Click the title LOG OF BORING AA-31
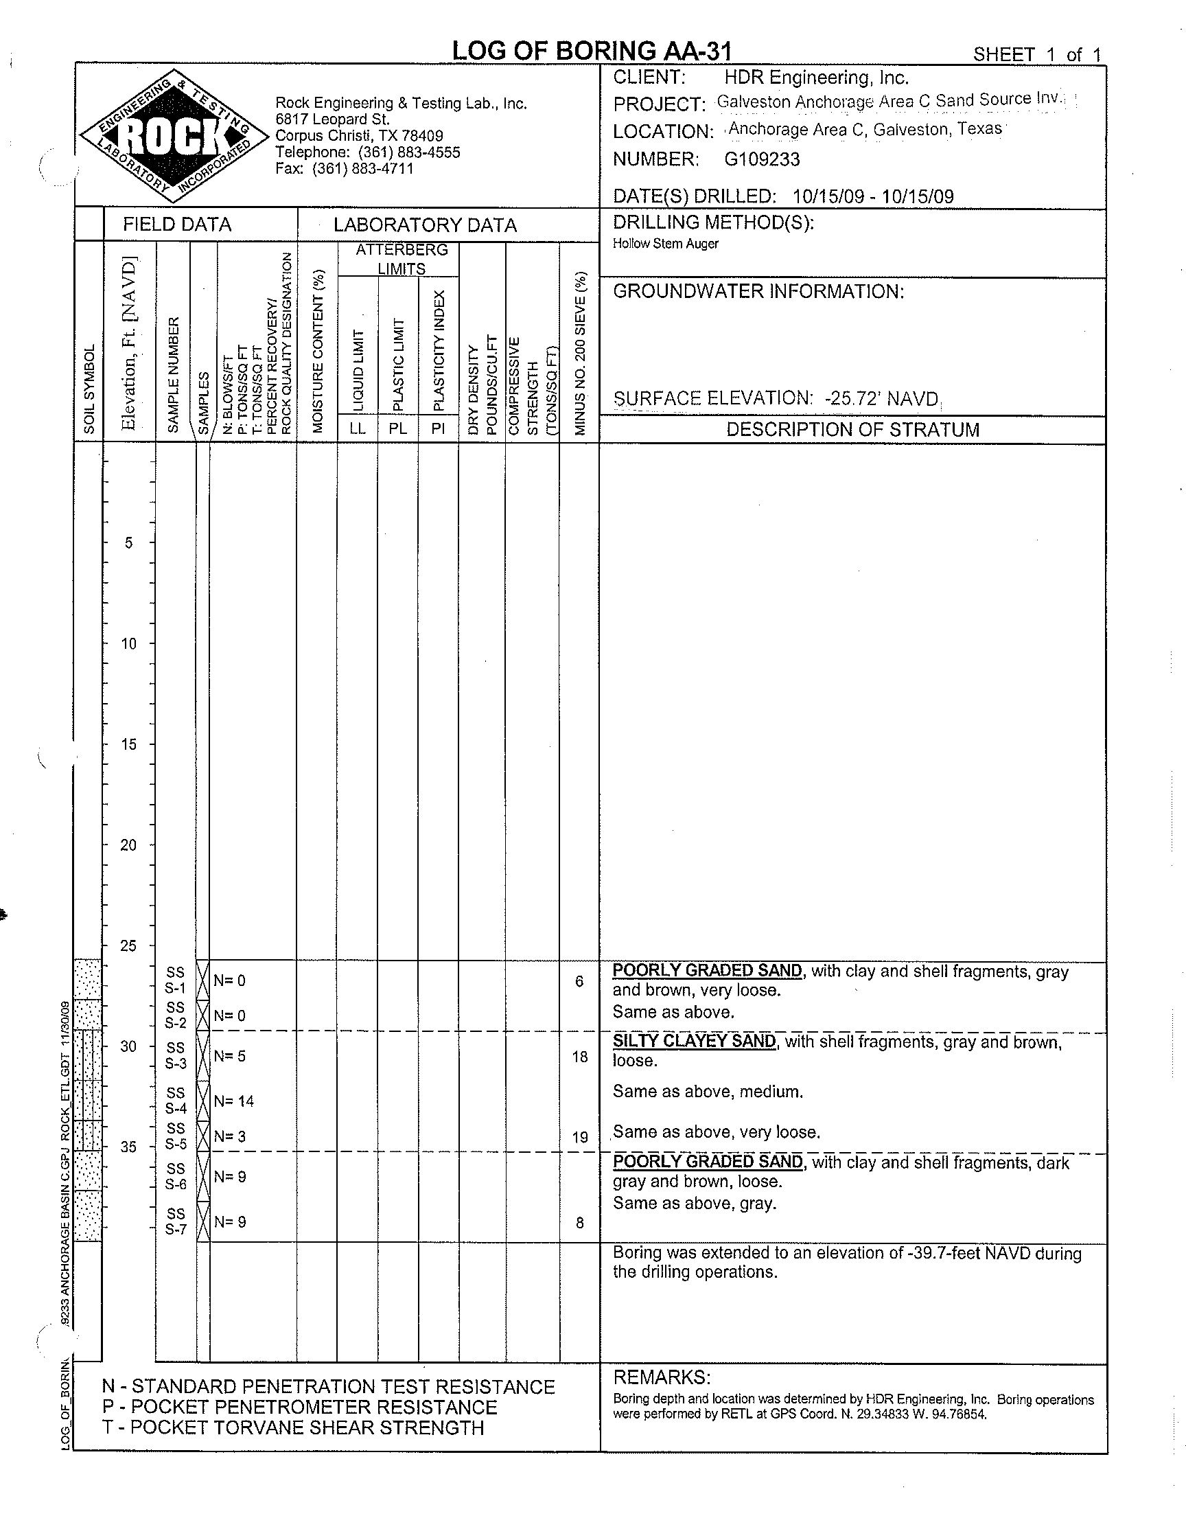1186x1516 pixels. click(x=592, y=51)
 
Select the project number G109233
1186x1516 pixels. click(x=762, y=160)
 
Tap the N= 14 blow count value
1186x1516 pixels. click(x=234, y=1101)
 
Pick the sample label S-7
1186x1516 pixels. click(x=176, y=1229)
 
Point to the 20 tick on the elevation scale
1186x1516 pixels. click(x=128, y=845)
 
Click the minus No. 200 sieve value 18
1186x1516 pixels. click(x=580, y=1056)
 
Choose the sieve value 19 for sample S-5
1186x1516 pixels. click(x=580, y=1137)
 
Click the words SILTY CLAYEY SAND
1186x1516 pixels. click(x=694, y=1041)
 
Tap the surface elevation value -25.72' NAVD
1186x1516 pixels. click(x=881, y=400)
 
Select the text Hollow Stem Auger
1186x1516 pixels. click(x=665, y=244)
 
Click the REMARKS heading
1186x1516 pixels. click(x=661, y=1377)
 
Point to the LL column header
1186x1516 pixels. click(x=358, y=428)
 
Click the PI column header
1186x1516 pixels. click(x=437, y=428)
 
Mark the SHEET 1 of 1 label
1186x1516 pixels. click(x=1036, y=55)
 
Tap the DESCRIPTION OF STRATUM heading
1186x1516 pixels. click(x=852, y=430)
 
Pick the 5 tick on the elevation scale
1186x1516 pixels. click(x=128, y=542)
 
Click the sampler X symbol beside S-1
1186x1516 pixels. click(x=202, y=980)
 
